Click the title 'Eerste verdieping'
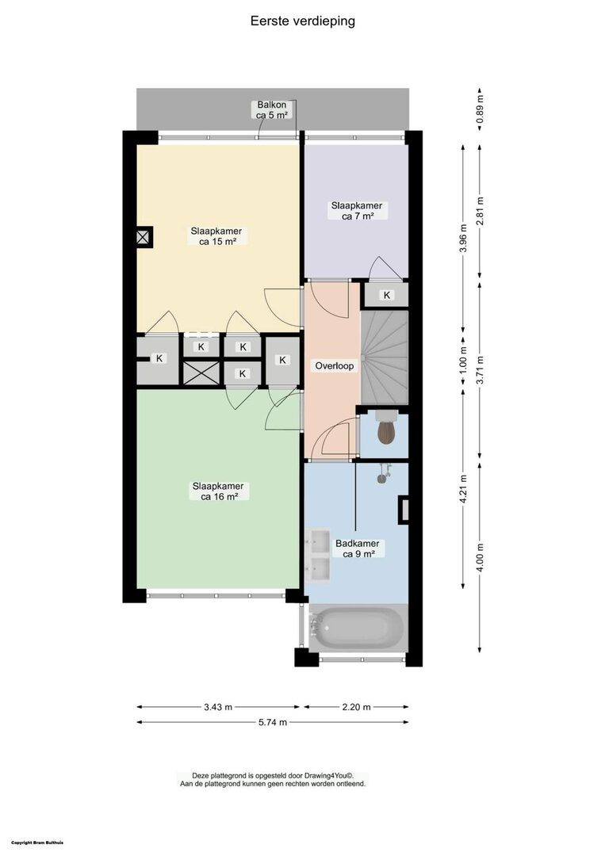coord(303,21)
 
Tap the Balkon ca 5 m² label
coord(272,109)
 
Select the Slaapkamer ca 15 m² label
coord(216,236)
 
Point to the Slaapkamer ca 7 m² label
coord(357,211)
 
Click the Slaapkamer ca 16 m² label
coord(218,491)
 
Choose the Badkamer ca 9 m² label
coord(358,548)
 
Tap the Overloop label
coord(334,365)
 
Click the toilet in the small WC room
coord(387,430)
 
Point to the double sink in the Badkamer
coord(318,555)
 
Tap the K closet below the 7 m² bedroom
coord(387,296)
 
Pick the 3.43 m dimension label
coord(218,707)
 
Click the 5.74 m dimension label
coord(273,722)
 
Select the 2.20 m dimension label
coord(356,707)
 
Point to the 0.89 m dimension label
coord(480,111)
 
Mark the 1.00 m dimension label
coord(463,360)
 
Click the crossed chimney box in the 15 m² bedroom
coord(144,238)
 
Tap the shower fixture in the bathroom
coord(384,472)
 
